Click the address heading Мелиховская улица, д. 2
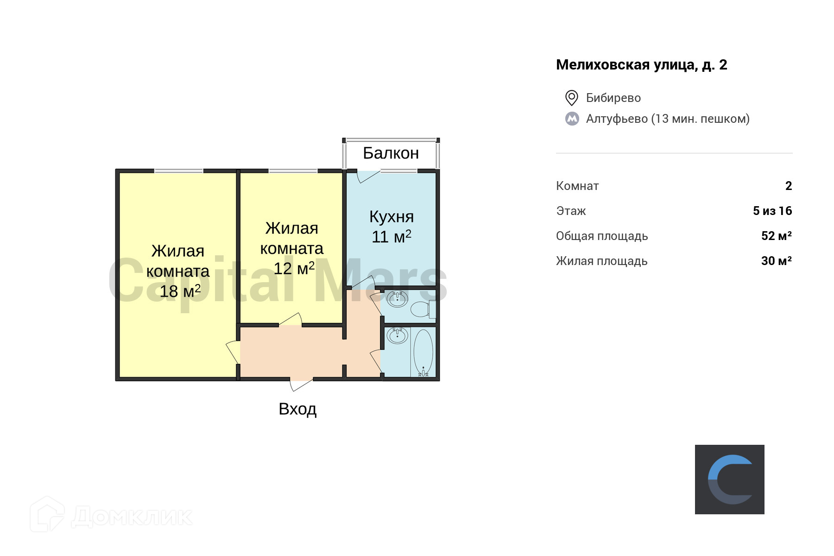pyautogui.click(x=641, y=65)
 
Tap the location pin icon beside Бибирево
pyautogui.click(x=571, y=98)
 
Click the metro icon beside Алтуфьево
pyautogui.click(x=572, y=119)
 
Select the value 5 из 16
pyautogui.click(x=772, y=211)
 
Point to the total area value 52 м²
pyautogui.click(x=776, y=236)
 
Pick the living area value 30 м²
pyautogui.click(x=776, y=261)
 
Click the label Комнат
pyautogui.click(x=577, y=186)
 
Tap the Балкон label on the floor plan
pyautogui.click(x=391, y=153)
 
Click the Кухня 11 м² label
pyautogui.click(x=392, y=227)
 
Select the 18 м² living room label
pyautogui.click(x=178, y=271)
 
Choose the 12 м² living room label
pyautogui.click(x=292, y=248)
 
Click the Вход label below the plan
pyautogui.click(x=297, y=409)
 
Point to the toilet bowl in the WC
pyautogui.click(x=421, y=309)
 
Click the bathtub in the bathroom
pyautogui.click(x=423, y=352)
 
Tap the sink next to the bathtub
pyautogui.click(x=397, y=335)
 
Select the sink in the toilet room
pyautogui.click(x=397, y=299)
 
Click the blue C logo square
pyautogui.click(x=729, y=480)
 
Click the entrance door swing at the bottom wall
pyautogui.click(x=301, y=385)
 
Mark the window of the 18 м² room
pyautogui.click(x=178, y=171)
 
